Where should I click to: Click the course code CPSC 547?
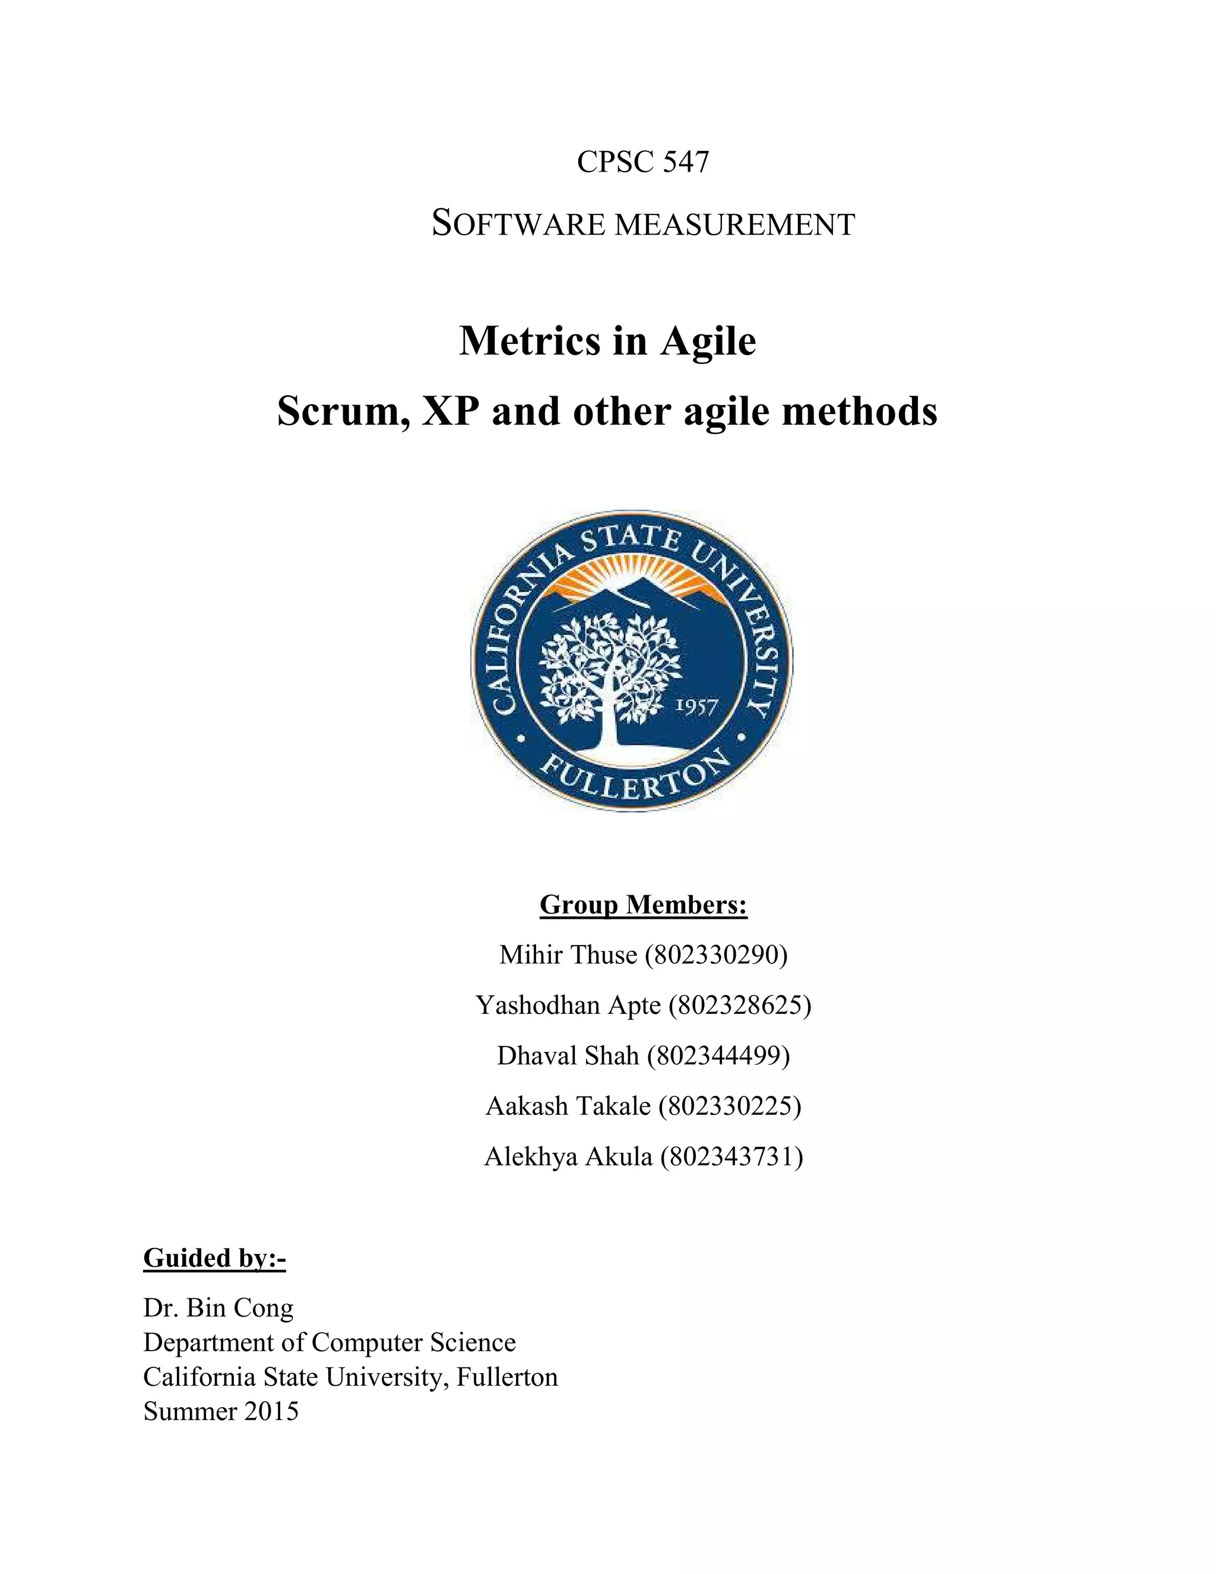pyautogui.click(x=642, y=162)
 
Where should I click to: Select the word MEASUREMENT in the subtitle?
pyautogui.click(x=736, y=225)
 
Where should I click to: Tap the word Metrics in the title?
pyautogui.click(x=529, y=341)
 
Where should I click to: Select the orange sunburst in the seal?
pyautogui.click(x=631, y=577)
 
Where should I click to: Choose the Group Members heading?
pyautogui.click(x=643, y=905)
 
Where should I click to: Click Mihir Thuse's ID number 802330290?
pyautogui.click(x=716, y=955)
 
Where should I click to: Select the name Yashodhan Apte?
pyautogui.click(x=568, y=1004)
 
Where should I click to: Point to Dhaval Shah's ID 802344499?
pyautogui.click(x=718, y=1055)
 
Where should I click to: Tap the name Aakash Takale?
pyautogui.click(x=568, y=1105)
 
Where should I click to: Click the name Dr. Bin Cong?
pyautogui.click(x=218, y=1307)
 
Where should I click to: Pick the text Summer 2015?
pyautogui.click(x=220, y=1411)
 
